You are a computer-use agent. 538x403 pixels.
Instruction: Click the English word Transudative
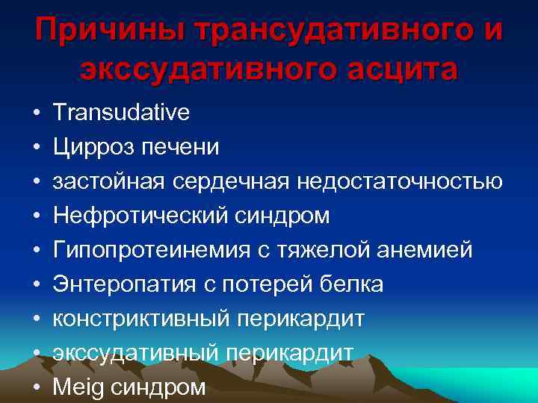pyautogui.click(x=121, y=113)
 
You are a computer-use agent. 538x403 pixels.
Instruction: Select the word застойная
pyautogui.click(x=110, y=181)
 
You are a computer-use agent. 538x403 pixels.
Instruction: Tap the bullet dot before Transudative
pyautogui.click(x=36, y=113)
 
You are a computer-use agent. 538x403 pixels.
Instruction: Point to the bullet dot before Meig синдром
pyautogui.click(x=36, y=388)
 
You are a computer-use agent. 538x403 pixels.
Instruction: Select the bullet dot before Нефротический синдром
pyautogui.click(x=36, y=216)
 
